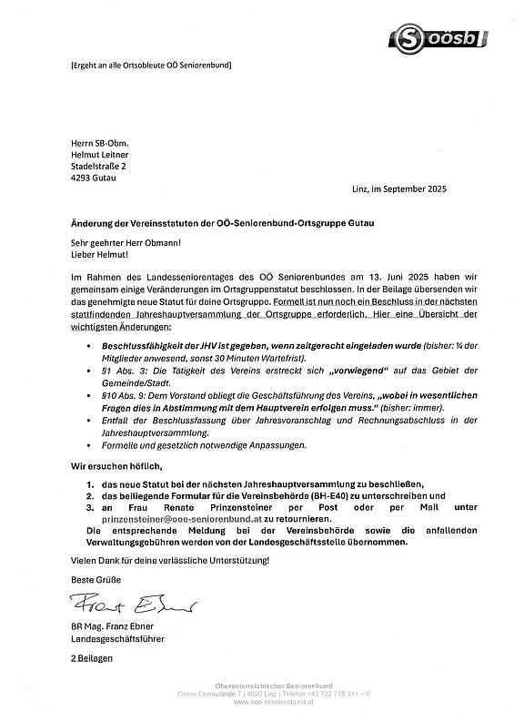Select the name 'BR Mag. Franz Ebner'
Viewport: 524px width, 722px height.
click(x=114, y=626)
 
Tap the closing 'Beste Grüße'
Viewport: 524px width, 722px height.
click(x=94, y=580)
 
